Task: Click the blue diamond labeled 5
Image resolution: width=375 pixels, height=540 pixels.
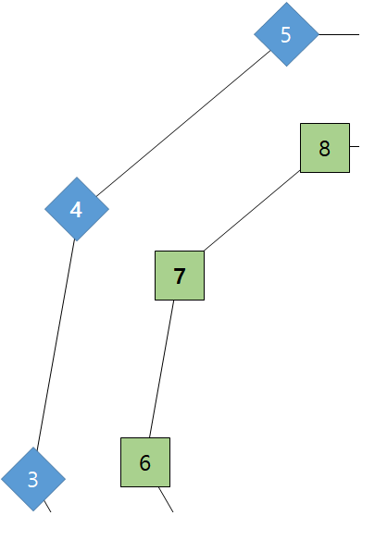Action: [286, 34]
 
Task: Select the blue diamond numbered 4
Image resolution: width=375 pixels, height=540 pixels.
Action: [77, 209]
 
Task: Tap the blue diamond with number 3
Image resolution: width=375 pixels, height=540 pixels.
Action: [33, 479]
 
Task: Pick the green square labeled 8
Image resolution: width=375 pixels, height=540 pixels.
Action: [325, 148]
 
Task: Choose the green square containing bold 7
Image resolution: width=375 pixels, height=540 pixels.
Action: [180, 276]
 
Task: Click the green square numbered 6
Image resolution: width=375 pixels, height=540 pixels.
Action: [145, 462]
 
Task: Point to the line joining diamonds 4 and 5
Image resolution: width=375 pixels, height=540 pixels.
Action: [183, 124]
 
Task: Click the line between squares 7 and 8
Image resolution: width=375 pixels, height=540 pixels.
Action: [252, 211]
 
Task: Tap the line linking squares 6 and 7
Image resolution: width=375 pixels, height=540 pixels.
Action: [161, 369]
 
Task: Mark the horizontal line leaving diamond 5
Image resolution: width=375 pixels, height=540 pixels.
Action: [339, 34]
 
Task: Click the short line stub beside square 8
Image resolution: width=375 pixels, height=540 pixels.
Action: [355, 146]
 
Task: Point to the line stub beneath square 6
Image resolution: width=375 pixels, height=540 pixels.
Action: [166, 499]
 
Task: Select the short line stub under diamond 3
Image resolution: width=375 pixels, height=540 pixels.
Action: [47, 507]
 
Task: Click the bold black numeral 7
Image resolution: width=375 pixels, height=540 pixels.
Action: [180, 276]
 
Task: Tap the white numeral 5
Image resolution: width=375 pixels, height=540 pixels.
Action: [286, 35]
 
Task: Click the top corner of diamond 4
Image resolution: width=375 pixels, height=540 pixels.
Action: [77, 177]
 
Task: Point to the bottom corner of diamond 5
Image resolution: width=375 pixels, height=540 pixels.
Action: [286, 67]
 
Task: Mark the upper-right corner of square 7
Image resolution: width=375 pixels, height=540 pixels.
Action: [204, 252]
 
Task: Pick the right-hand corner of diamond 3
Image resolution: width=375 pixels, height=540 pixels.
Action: [65, 479]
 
